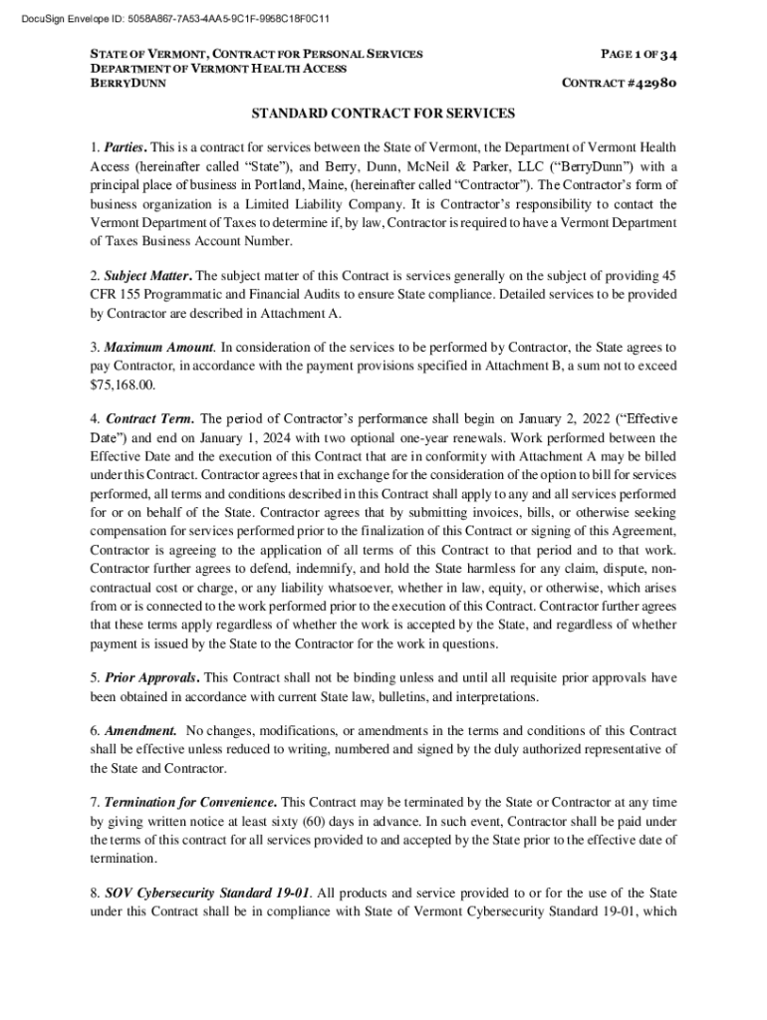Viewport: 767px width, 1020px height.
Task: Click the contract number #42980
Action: [648, 84]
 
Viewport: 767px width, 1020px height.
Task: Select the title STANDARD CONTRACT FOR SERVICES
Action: [383, 115]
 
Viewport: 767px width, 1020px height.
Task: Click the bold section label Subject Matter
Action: [148, 276]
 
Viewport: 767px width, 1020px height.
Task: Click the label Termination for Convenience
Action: [190, 803]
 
